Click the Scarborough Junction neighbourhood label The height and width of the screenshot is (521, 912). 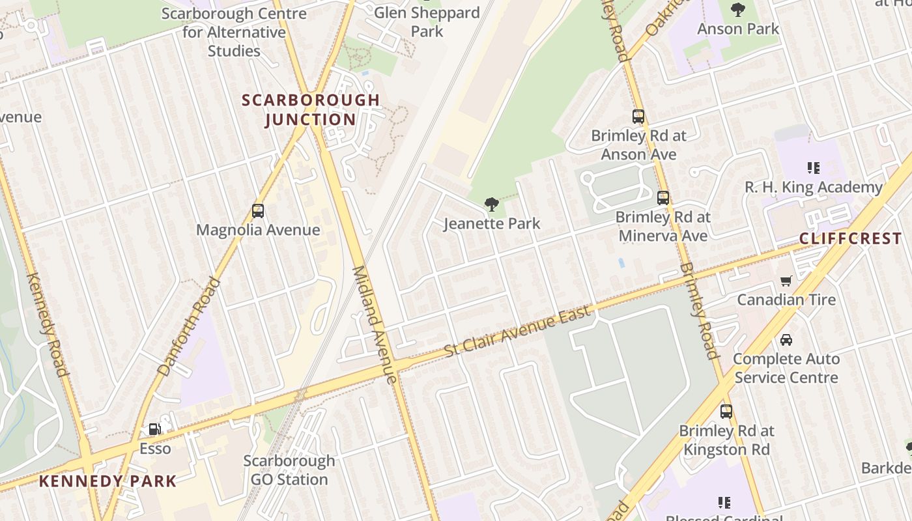point(311,109)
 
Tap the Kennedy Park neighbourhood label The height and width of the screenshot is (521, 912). point(107,481)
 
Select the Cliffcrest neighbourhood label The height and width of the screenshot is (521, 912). point(850,238)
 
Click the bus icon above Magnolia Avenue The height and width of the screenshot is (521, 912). point(258,211)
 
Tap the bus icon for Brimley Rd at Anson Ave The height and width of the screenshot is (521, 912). point(638,117)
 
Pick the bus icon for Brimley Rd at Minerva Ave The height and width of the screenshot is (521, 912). point(663,198)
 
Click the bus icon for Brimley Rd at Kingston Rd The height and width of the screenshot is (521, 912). point(726,412)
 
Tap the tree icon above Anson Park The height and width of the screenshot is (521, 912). point(738,10)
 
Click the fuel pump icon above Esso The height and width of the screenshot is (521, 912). point(155,429)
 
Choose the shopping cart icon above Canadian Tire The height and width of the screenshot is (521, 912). point(786,281)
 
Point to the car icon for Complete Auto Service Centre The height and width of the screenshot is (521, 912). point(786,340)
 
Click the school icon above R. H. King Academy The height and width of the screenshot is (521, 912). point(814,168)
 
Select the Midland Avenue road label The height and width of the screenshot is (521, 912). point(374,324)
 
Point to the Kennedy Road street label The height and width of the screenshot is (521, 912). point(47,324)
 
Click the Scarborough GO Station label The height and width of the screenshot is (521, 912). point(289,470)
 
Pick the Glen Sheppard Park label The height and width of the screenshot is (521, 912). point(427,21)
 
